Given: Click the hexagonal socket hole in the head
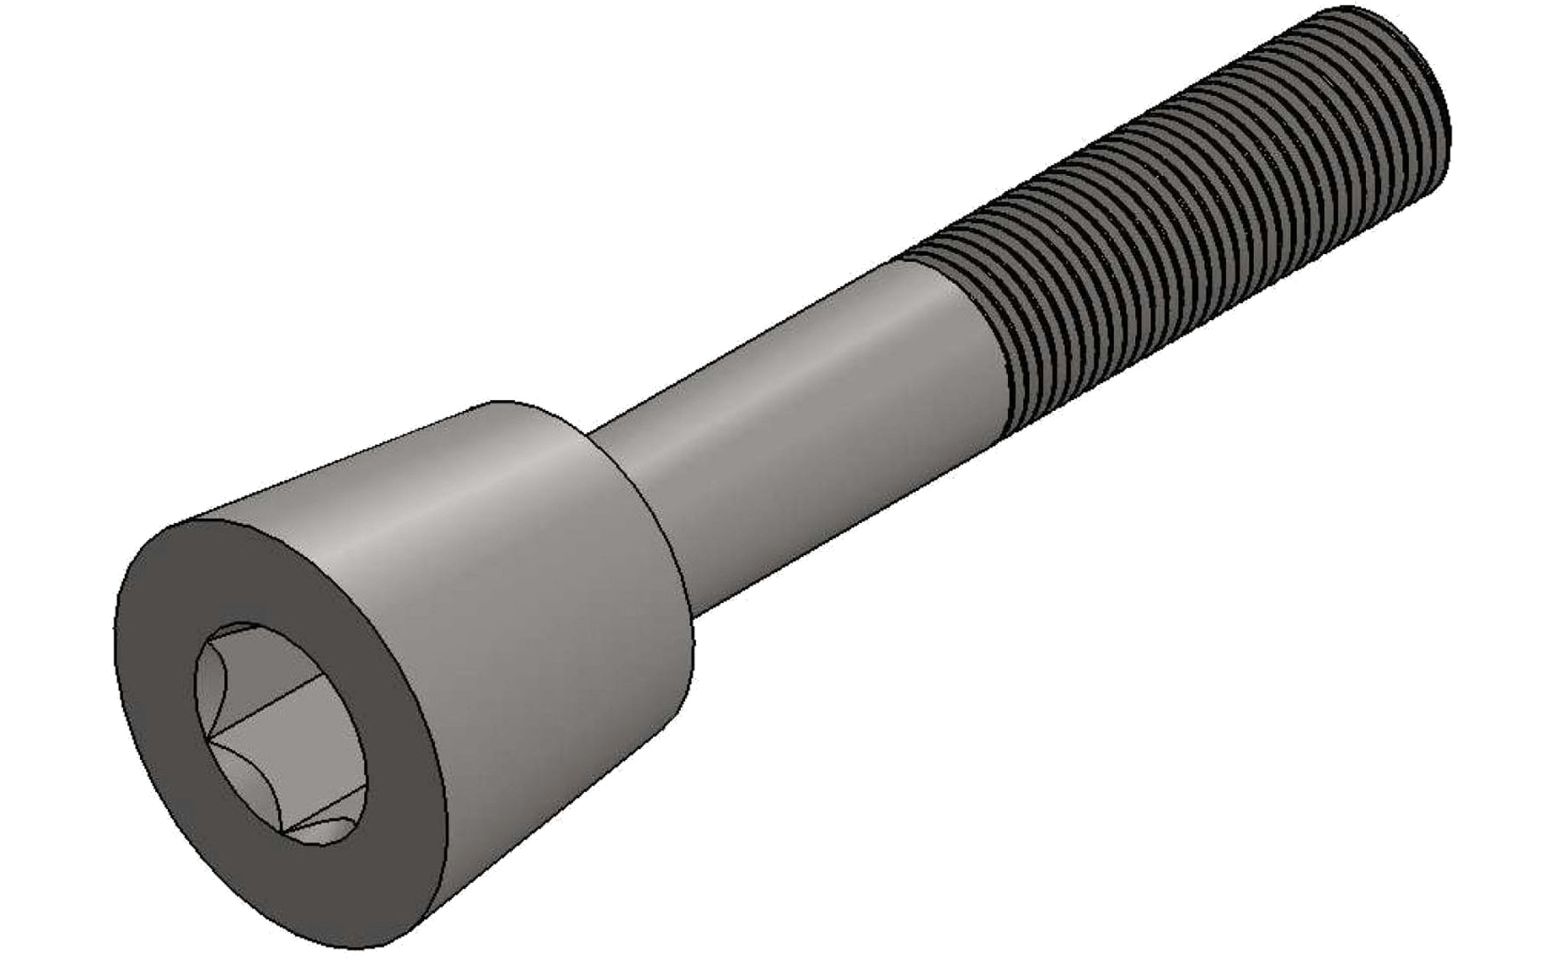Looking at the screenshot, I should click(x=280, y=732).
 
